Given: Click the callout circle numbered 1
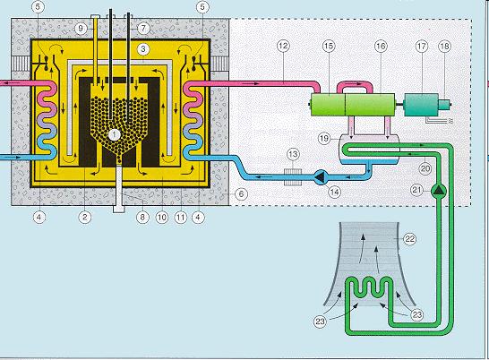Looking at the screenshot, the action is coord(114,134).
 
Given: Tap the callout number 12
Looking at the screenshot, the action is coord(283,47).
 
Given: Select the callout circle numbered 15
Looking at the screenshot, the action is coord(329,47).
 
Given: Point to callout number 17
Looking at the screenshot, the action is coord(422,47).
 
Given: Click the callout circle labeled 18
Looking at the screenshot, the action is coord(445,47).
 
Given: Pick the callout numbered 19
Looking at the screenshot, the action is coord(324,138).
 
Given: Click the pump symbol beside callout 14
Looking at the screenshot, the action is coord(321,177).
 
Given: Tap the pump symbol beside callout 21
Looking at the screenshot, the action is coord(439,190).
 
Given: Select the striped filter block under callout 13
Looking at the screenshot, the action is coord(293,177).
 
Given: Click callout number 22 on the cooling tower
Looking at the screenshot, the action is coord(410,239).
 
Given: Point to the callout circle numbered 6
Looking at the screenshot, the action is coord(241,194).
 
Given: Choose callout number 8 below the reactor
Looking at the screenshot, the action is coord(142,217).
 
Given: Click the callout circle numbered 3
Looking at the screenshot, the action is coord(143,49).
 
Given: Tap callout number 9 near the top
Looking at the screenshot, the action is coord(81,29).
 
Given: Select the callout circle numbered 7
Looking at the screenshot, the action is coord(143,29).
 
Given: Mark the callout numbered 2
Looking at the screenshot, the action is coord(85,217).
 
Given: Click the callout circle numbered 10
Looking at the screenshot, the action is coord(162,217).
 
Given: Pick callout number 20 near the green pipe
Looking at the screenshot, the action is coord(425,168).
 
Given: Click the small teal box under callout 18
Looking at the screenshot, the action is coord(444,105).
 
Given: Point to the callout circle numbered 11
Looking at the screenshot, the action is coord(181,217).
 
